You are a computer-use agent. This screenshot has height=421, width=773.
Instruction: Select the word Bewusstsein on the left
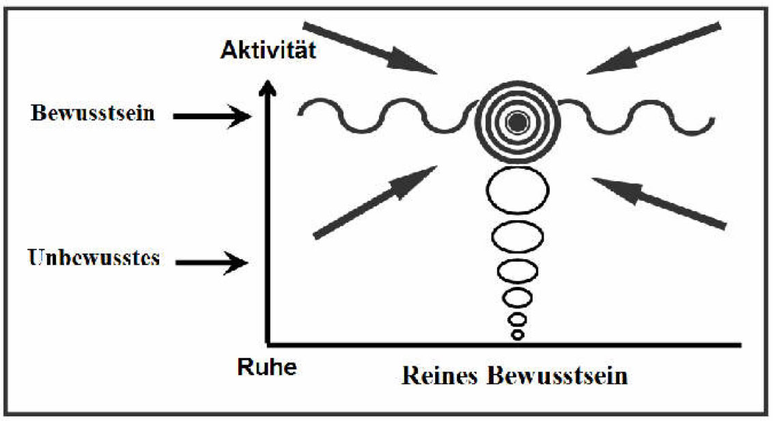coord(92,113)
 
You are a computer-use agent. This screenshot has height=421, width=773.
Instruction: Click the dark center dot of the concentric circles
coord(517,123)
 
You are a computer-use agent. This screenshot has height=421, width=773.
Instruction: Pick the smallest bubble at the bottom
coord(518,334)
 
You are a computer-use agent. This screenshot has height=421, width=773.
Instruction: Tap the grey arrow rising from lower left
coord(375,202)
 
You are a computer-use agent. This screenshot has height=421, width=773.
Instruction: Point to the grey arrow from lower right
coord(660,202)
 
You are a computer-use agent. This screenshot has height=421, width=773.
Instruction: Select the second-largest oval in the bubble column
coord(518,236)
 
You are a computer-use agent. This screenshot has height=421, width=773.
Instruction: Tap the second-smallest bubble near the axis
coord(518,318)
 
